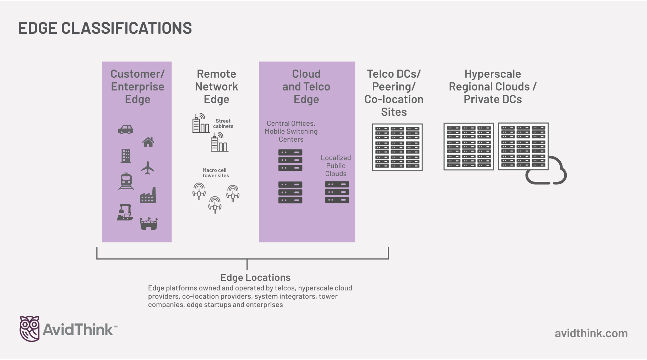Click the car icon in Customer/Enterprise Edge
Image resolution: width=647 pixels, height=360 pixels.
point(125,130)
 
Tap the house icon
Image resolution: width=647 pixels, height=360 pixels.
point(148,142)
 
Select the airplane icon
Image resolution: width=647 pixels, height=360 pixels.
point(147,168)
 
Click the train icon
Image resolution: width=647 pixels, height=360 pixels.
point(126,181)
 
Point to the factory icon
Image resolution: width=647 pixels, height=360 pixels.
point(148,195)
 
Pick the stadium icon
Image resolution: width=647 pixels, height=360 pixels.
point(149,224)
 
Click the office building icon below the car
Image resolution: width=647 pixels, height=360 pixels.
point(126,156)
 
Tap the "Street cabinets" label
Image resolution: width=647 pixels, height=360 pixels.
point(223,124)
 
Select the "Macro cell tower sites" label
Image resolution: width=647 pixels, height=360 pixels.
point(216,173)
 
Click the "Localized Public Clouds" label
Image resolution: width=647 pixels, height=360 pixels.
point(336,166)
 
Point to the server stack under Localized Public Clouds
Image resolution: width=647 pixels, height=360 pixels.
point(337,192)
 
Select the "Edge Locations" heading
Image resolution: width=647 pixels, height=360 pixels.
point(255,278)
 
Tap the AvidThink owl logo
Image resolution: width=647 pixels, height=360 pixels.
point(29,329)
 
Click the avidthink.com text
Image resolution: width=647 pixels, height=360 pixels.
point(591,333)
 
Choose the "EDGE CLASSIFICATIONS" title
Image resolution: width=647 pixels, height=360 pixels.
point(105,28)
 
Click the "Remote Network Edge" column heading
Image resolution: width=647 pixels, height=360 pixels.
point(216,87)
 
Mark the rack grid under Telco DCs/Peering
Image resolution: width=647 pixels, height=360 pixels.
point(397,147)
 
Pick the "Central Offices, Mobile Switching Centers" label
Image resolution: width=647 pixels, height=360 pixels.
point(291,131)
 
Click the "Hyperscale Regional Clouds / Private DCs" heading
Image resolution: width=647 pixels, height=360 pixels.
point(493,87)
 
